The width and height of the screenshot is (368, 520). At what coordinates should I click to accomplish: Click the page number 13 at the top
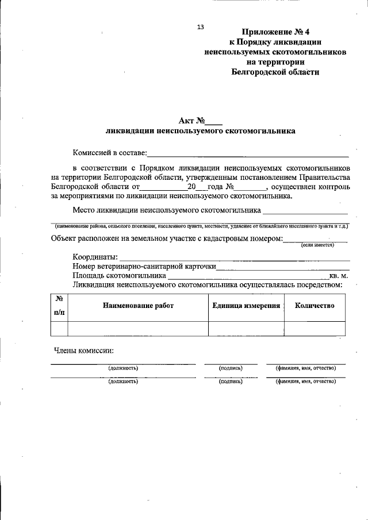click(200, 27)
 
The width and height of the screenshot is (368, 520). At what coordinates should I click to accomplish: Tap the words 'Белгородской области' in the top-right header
click(275, 72)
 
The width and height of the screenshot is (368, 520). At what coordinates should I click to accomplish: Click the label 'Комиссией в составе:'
click(109, 153)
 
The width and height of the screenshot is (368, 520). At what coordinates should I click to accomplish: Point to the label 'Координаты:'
click(95, 256)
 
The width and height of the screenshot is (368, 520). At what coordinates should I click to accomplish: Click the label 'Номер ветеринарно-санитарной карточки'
click(144, 266)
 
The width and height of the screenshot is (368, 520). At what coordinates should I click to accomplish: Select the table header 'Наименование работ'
click(138, 306)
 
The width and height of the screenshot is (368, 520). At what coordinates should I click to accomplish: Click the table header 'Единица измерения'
click(246, 306)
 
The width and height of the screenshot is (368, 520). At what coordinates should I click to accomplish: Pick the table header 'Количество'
click(315, 306)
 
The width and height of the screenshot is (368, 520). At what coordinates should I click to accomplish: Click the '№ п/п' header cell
click(59, 306)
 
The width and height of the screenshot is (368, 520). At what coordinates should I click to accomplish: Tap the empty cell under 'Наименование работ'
click(138, 328)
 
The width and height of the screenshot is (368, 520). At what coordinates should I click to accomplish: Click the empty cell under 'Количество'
click(315, 328)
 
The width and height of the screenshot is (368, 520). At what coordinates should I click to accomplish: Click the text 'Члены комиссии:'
click(83, 350)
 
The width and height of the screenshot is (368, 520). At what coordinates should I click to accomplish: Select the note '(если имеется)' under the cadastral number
click(318, 245)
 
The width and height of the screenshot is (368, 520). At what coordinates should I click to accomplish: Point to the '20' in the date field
click(191, 187)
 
